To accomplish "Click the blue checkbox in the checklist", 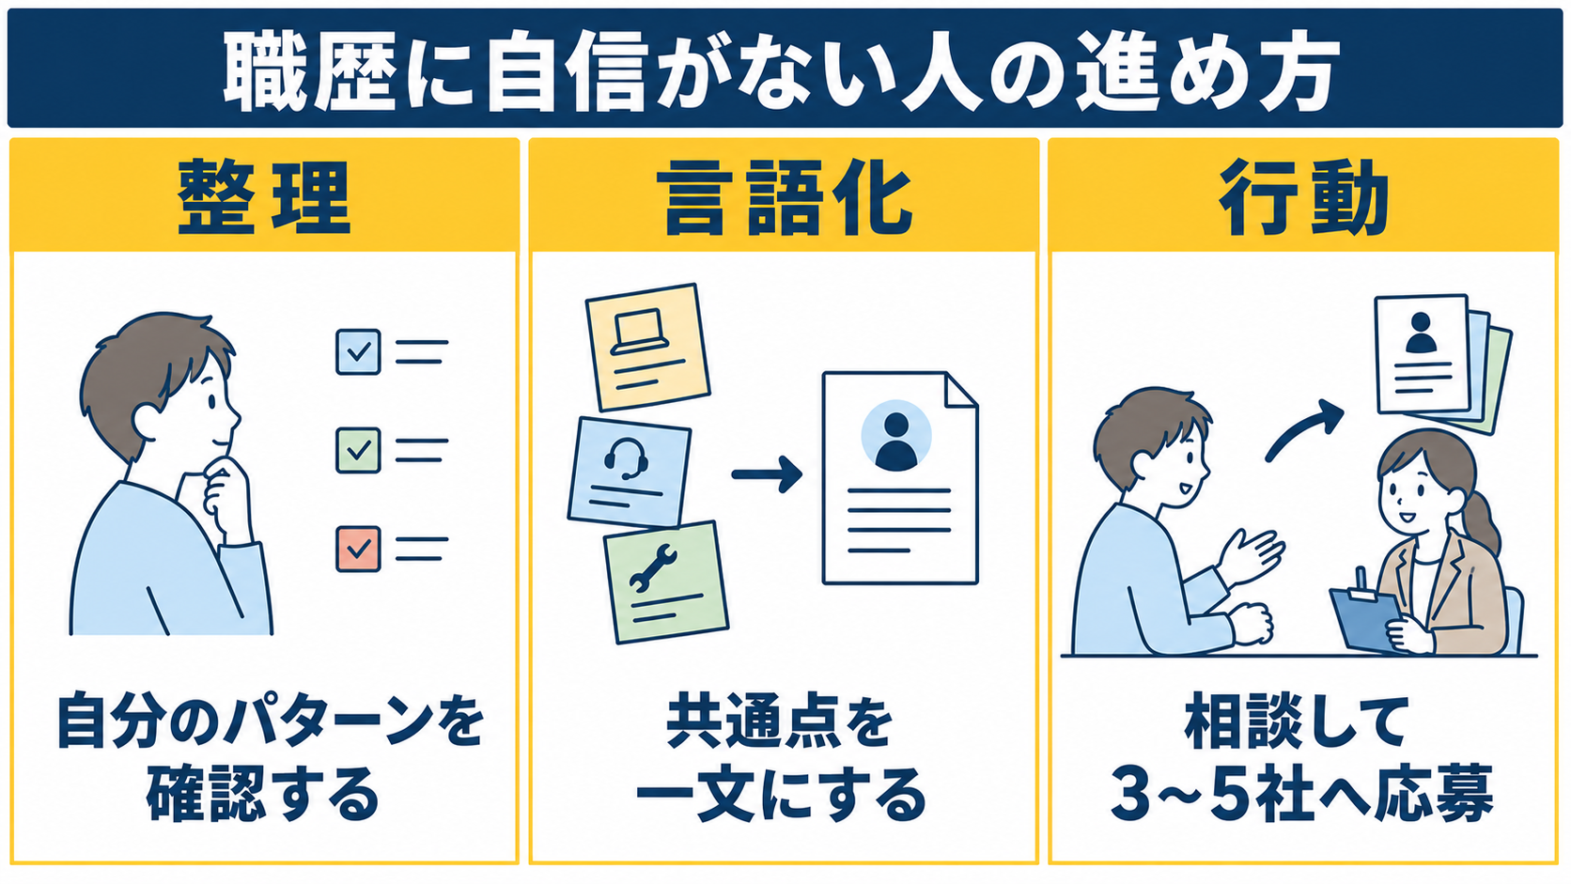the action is point(358,351).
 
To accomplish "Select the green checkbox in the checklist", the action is point(358,450).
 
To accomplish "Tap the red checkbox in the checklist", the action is point(358,549).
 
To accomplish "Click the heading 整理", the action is point(264,197).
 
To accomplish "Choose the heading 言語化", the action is point(785,197).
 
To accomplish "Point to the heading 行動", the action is point(1303,197).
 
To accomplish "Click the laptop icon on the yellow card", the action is point(639,332).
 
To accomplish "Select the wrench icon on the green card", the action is point(653,568).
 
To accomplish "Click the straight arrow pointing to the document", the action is point(767,474).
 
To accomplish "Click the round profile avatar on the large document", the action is point(896,435).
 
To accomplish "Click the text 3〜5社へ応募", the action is point(1302,795).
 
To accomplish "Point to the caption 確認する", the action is point(264,795).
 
